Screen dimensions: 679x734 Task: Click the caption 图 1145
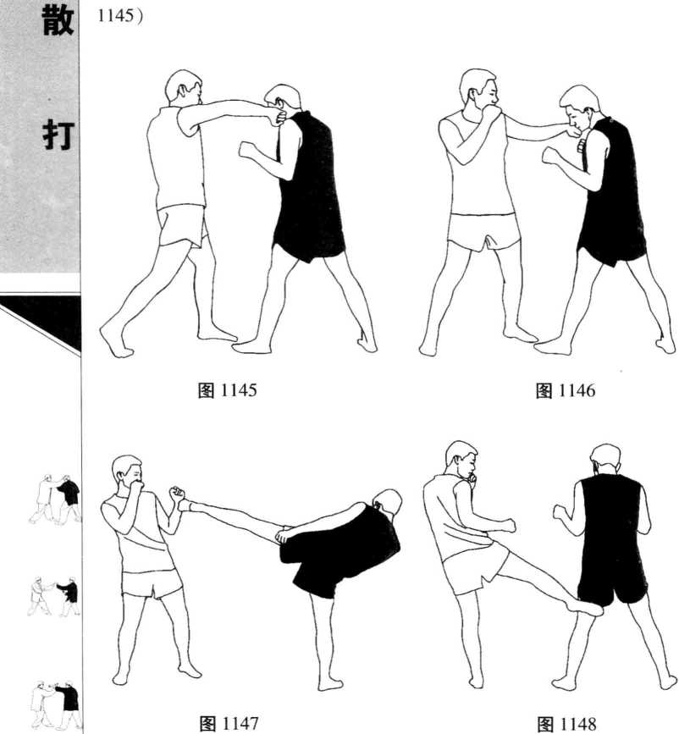228,390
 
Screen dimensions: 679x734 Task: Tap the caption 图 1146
566,390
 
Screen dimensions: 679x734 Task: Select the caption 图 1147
229,723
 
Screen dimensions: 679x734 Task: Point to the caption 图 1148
566,724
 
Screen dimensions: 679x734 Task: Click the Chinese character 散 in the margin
58,20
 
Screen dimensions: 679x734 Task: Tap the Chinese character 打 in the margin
58,135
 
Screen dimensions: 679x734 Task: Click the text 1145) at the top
120,15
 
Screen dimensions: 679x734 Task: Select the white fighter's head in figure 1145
184,87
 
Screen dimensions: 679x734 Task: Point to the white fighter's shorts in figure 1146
483,231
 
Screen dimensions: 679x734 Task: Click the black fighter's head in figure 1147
388,503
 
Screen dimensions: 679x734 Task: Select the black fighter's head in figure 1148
605,461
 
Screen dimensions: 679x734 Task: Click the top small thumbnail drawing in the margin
55,499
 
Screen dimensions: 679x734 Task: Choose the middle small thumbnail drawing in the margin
54,596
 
